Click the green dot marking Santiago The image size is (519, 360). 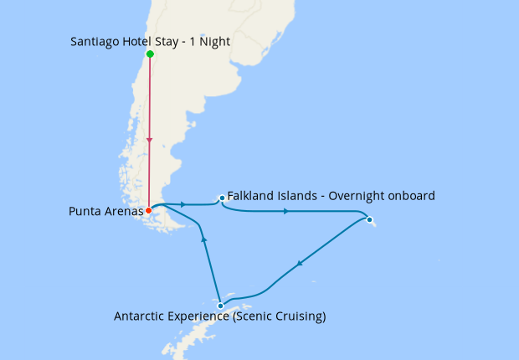pos(150,54)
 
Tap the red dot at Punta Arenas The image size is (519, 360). pos(149,211)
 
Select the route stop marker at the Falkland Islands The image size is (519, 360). pos(222,198)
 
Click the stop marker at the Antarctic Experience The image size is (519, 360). pos(220,306)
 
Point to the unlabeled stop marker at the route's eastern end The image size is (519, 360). pos(370,220)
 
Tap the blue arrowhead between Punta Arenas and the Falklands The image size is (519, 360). pos(182,204)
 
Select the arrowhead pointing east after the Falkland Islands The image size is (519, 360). pos(286,211)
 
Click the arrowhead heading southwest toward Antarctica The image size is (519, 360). pos(299,263)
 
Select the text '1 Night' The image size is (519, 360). pos(211,41)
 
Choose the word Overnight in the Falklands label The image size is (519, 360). pos(357,196)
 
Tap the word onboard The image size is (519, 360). pos(411,196)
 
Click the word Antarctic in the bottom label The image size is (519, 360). pos(141,316)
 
